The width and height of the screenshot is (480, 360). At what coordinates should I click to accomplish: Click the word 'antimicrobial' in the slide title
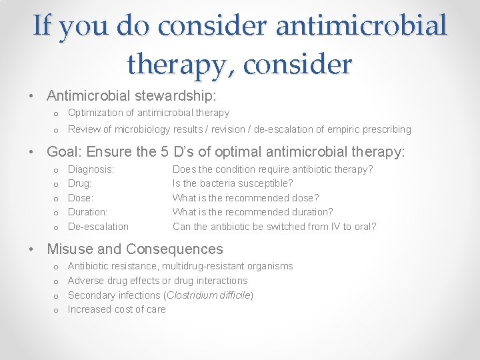(361, 26)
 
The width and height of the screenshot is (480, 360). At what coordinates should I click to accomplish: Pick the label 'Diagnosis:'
(91, 169)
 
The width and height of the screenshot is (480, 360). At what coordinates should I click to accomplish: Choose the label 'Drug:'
(80, 183)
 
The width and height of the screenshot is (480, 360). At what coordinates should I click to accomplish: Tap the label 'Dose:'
(81, 198)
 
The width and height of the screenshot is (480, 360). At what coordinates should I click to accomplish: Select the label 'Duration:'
(87, 212)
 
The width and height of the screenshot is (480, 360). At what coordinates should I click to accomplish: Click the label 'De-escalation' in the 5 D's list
(98, 227)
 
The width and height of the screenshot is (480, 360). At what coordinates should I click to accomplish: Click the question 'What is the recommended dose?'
(245, 198)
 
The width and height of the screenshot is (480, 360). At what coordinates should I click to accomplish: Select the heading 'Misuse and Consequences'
(135, 249)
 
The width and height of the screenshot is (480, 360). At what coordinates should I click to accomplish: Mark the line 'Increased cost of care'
(117, 309)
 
